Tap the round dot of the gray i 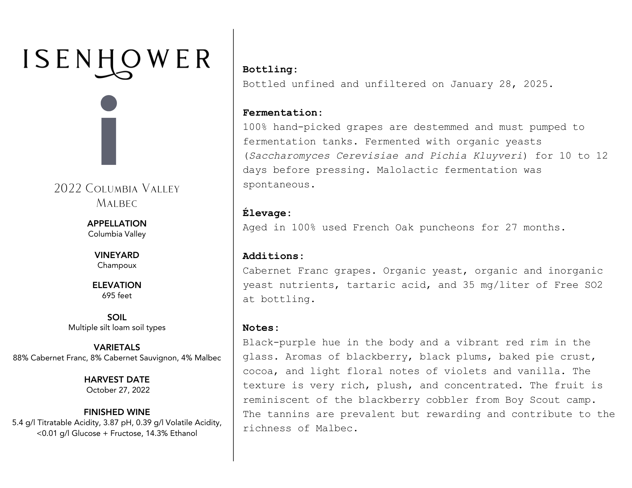point(109,103)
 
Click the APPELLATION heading point(117,224)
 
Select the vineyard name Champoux point(117,265)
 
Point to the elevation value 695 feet point(117,296)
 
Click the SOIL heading point(117,317)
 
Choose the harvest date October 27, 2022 point(118,390)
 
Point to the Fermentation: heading point(283,113)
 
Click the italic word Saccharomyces point(289,156)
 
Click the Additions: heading point(273,256)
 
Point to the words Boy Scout point(532,400)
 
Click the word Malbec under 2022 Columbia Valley point(117,203)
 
